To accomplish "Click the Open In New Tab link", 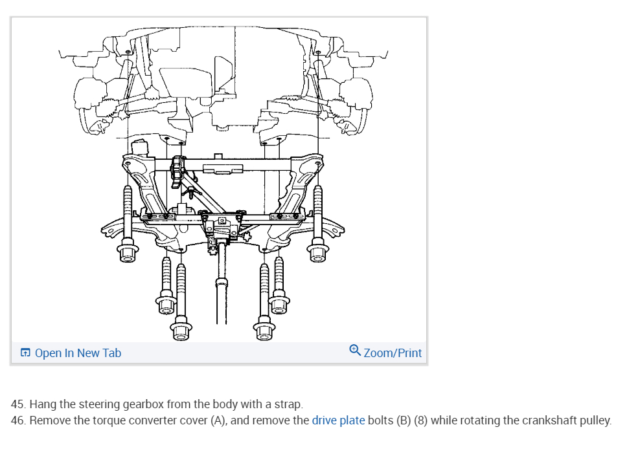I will [x=78, y=353].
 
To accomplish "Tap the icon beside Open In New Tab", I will [x=25, y=353].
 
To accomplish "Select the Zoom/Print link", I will [x=393, y=353].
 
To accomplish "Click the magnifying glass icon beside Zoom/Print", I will [x=354, y=351].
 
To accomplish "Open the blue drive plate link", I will [x=338, y=420].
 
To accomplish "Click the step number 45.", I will [x=19, y=404].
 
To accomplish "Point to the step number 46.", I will [x=19, y=420].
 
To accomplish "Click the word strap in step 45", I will [x=288, y=404].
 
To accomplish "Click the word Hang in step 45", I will [x=43, y=404].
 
